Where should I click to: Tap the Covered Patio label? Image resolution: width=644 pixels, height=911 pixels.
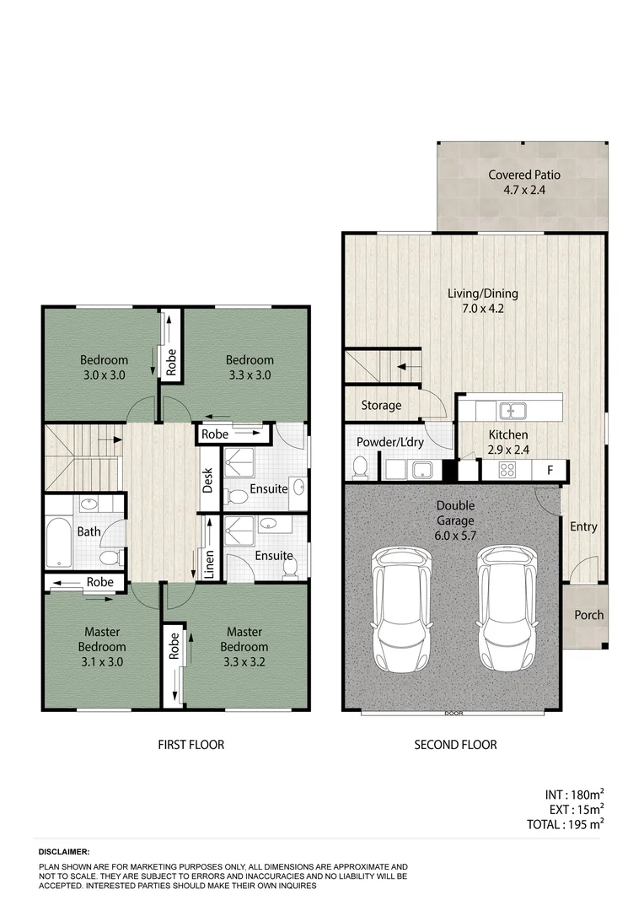point(524,175)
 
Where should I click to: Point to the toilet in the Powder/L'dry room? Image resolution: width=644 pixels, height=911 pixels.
point(360,466)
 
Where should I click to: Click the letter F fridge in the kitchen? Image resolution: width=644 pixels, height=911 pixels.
point(550,470)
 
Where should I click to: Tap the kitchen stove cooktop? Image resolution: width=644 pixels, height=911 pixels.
point(508,471)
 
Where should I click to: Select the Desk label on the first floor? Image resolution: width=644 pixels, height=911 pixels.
point(208,479)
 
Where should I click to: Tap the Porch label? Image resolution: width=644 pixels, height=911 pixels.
point(588,615)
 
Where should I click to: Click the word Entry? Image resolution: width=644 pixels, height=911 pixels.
point(583,527)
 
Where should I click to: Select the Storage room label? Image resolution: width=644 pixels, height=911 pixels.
point(381,406)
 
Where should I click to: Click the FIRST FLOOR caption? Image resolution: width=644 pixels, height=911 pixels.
point(191,745)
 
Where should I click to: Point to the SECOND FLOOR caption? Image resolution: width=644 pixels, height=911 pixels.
point(455,745)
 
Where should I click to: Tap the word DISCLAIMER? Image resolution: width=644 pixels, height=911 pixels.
point(63,853)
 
